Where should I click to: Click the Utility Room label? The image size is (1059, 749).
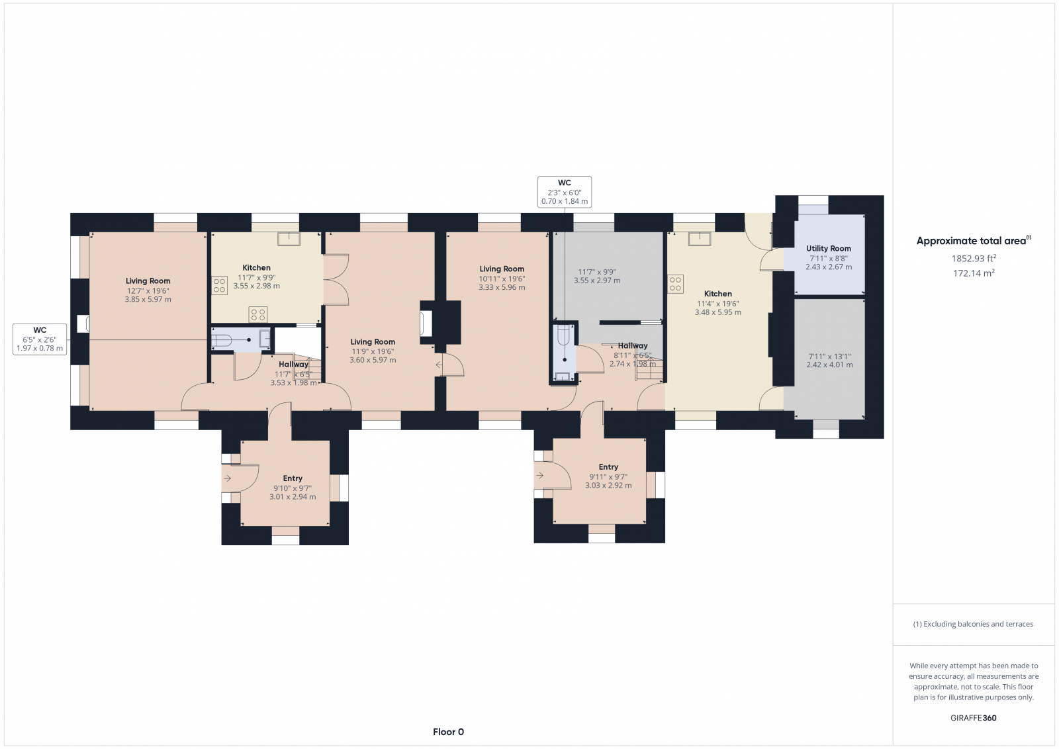828,248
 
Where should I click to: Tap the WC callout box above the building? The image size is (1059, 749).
564,192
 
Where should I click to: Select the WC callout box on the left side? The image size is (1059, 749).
40,339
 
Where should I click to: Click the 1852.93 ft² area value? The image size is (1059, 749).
974,259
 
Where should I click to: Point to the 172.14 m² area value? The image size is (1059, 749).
974,273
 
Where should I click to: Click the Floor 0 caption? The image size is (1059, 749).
448,732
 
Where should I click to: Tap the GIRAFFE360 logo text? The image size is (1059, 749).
973,718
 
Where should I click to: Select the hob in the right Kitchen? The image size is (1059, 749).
675,285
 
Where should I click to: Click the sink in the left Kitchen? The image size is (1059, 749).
289,239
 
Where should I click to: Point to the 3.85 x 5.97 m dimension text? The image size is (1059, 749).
148,299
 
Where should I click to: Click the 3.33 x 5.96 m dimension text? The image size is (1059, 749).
502,287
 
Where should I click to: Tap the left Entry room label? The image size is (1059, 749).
293,478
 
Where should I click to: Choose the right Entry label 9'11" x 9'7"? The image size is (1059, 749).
608,476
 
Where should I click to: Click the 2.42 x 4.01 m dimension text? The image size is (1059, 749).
829,365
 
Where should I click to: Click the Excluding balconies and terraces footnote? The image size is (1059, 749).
973,624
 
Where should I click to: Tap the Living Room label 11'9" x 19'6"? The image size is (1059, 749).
373,351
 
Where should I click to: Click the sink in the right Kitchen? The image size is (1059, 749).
699,239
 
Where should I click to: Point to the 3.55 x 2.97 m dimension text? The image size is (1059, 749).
597,281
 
